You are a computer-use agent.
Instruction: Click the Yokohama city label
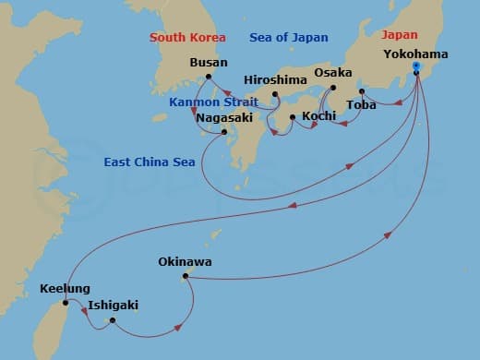pos(415,54)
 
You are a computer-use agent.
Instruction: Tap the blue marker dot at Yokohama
pos(416,66)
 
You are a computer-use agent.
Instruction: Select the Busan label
pos(208,63)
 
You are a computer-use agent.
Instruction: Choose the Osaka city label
pos(333,73)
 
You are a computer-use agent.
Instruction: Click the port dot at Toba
pos(361,91)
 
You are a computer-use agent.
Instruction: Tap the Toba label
pos(361,104)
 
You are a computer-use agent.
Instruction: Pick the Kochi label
pos(318,117)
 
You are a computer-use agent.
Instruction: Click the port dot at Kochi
pos(293,117)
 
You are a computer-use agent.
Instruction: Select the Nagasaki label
pos(223,118)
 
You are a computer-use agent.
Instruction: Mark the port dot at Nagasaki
pos(224,132)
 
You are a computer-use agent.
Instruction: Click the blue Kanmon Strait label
pos(212,102)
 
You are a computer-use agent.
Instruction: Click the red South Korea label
pos(189,37)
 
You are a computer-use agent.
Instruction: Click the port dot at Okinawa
pos(186,276)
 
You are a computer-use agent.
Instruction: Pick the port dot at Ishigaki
pos(112,321)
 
